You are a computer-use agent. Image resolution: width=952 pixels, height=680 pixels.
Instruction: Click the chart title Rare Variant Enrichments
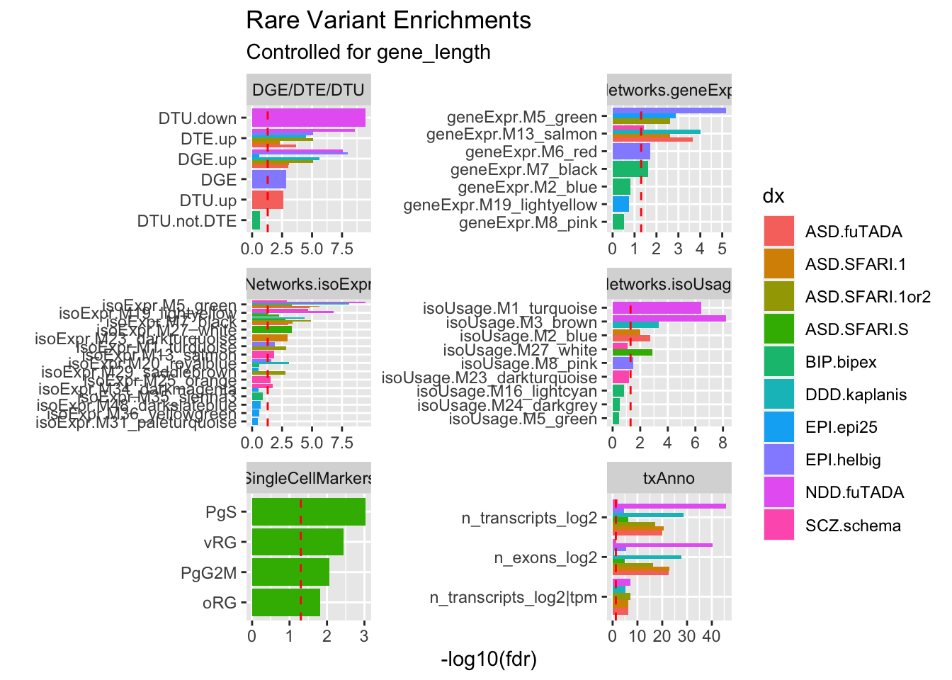pos(388,21)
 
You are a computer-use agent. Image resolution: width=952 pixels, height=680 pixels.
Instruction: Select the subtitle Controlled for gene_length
pos(368,52)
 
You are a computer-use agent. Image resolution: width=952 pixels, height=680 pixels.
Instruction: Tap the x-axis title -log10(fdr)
pos(489,659)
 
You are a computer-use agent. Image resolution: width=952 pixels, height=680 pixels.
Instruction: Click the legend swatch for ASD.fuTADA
pos(779,232)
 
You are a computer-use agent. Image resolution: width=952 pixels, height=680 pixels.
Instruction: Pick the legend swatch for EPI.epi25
pos(779,427)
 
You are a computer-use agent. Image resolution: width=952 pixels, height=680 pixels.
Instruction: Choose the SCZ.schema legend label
pos(853,526)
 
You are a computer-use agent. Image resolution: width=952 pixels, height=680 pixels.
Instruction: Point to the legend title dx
pos(773,196)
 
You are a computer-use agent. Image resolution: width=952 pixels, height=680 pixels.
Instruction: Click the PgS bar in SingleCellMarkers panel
pos(308,512)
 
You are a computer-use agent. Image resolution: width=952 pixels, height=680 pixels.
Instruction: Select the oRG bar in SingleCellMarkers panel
pos(286,603)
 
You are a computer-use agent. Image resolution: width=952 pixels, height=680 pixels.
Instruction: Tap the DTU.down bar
pos(308,118)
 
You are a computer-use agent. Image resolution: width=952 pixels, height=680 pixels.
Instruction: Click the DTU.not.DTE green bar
pos(256,220)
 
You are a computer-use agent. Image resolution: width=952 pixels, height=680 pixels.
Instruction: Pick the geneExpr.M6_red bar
pos(631,151)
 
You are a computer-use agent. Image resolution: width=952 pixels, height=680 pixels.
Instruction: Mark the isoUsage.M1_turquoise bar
pos(657,308)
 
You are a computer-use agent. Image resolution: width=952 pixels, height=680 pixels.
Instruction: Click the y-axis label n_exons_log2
pos(545,558)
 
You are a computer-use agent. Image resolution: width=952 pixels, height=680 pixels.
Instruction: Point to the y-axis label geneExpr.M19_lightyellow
pos(500,205)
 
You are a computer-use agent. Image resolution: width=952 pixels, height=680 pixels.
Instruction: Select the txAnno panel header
pos(669,478)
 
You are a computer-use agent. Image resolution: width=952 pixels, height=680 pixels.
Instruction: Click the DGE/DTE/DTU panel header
pos(308,90)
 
